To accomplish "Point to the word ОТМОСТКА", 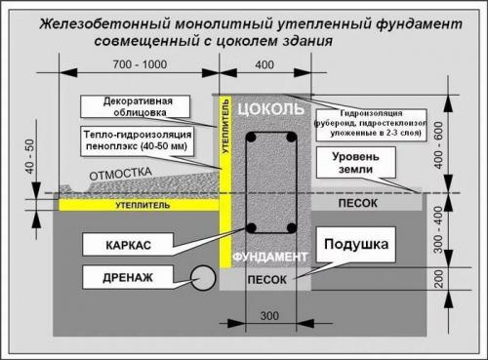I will click(123, 175).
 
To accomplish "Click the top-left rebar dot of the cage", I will click(253, 139).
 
